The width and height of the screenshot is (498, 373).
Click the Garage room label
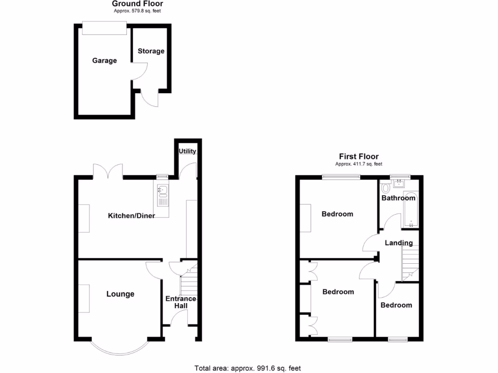pos(105,61)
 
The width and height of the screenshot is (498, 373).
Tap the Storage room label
pos(151,51)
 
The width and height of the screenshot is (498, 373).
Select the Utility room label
pos(187,151)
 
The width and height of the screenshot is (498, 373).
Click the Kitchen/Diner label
pos(131,215)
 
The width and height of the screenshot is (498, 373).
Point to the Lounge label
pos(120,294)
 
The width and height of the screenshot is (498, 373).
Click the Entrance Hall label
pos(180,302)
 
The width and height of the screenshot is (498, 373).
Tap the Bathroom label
pos(398,198)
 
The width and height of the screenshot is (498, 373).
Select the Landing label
pos(398,243)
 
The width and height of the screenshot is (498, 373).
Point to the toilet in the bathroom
pos(386,187)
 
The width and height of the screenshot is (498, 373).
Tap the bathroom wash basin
pos(400,183)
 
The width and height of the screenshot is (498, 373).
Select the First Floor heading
pos(358,156)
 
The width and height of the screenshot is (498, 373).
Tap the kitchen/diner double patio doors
pos(108,171)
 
